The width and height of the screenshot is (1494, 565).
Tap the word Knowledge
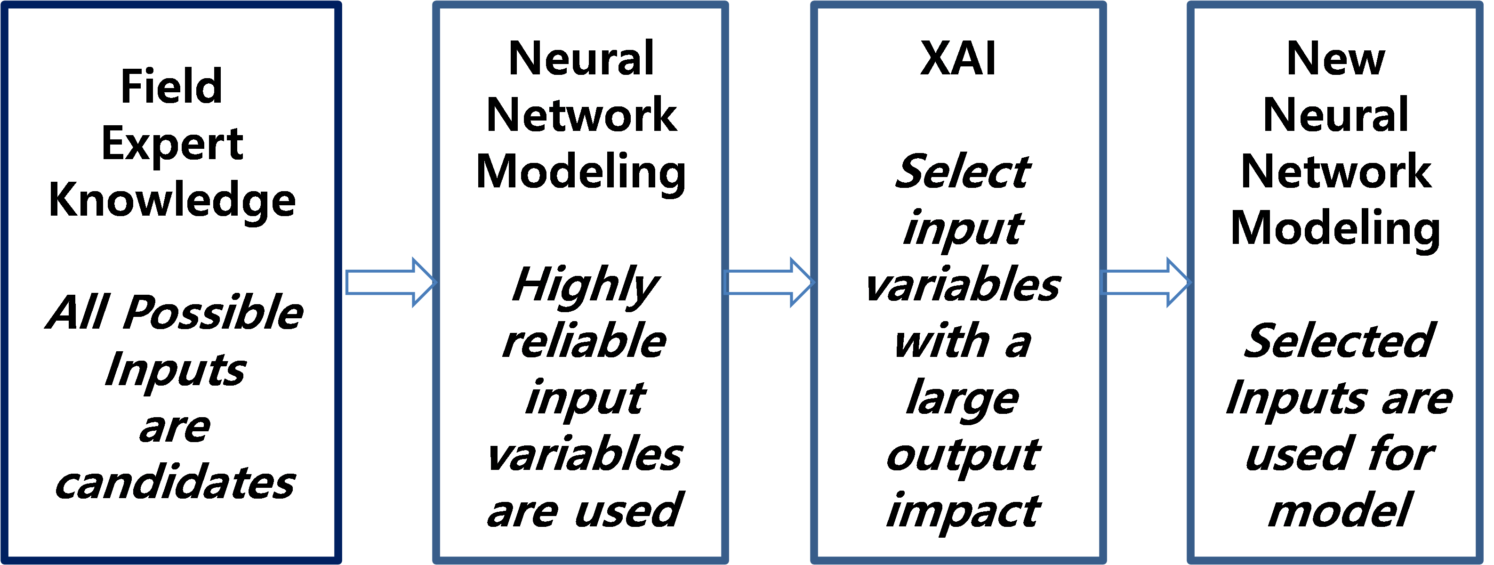click(x=172, y=200)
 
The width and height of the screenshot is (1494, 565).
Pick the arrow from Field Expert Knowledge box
click(x=390, y=282)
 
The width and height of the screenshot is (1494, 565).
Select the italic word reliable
click(x=584, y=340)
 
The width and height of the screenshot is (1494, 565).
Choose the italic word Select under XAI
click(x=962, y=172)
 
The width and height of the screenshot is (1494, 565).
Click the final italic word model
click(x=1339, y=509)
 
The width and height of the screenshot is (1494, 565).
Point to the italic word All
click(x=78, y=312)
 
